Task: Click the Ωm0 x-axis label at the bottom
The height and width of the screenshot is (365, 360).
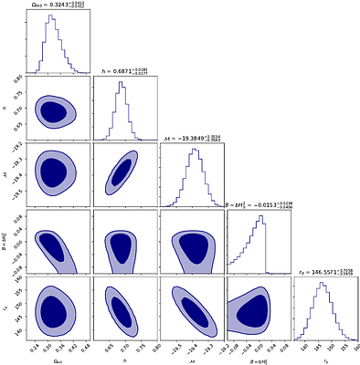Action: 57,358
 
